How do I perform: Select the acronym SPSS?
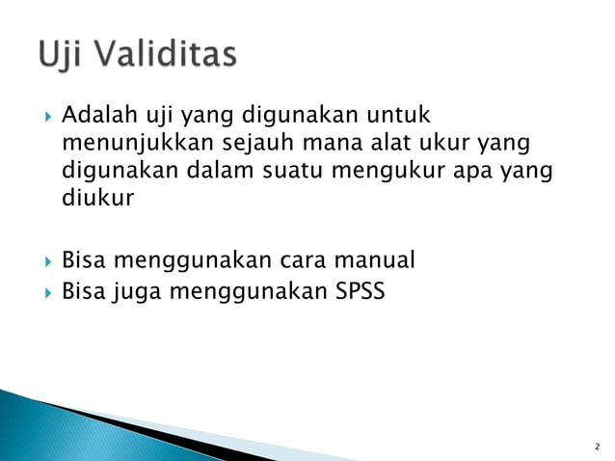pyautogui.click(x=358, y=288)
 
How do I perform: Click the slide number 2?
pyautogui.click(x=597, y=447)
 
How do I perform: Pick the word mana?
pyautogui.click(x=326, y=146)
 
